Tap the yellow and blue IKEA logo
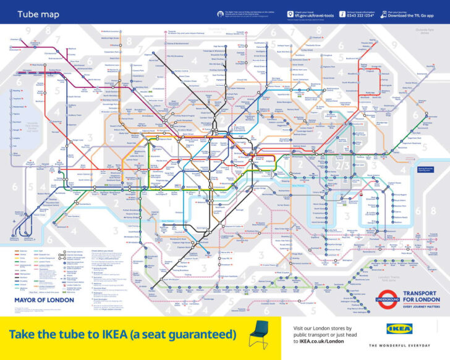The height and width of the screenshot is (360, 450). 399,330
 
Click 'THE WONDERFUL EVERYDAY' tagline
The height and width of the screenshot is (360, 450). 399,345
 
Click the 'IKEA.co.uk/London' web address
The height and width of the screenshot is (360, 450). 319,340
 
